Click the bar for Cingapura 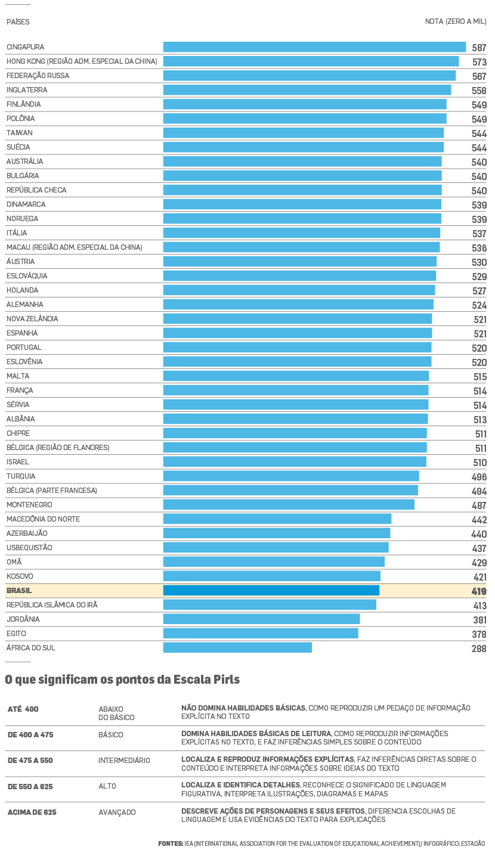coord(314,47)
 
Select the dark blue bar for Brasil coord(271,591)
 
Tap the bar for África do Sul coord(237,648)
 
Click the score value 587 coord(479,48)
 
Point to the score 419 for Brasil coord(479,591)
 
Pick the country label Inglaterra coord(27,90)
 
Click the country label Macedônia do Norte coord(43,519)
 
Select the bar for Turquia coord(291,476)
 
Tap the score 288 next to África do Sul coord(479,649)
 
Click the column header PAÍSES coord(18,22)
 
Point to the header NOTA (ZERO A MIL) coord(456,21)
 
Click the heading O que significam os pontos coord(122,680)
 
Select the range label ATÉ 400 coord(23,709)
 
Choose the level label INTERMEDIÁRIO coord(124,761)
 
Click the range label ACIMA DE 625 coord(32,812)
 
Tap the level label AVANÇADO coord(117,812)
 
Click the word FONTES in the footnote coord(171,843)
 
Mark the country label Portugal coord(24,348)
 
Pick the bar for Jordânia coord(261,619)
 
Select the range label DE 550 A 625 coord(30,786)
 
